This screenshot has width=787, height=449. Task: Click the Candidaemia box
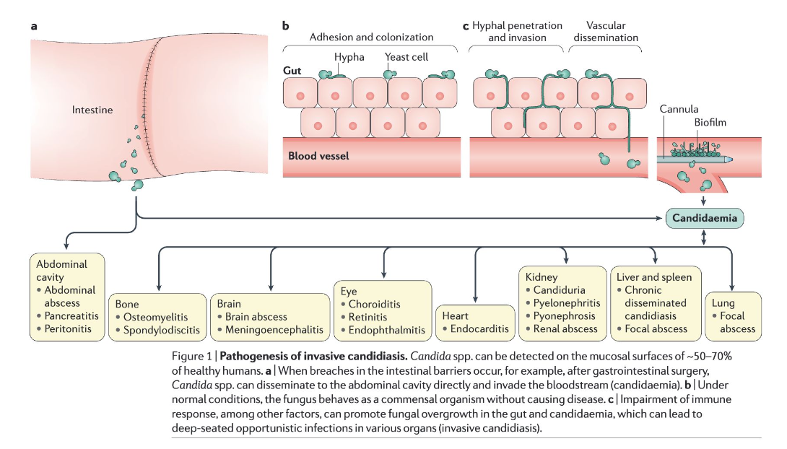704,217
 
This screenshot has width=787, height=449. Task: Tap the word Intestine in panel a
92,110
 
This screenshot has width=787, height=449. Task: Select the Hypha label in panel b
349,56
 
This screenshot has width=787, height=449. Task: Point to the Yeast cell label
406,56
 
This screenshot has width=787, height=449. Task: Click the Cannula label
679,109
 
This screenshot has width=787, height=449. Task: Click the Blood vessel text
318,155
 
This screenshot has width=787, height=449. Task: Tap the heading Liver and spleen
654,276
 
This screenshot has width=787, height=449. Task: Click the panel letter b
285,26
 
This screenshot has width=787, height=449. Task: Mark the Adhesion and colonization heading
371,37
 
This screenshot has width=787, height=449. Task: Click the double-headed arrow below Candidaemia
704,236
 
